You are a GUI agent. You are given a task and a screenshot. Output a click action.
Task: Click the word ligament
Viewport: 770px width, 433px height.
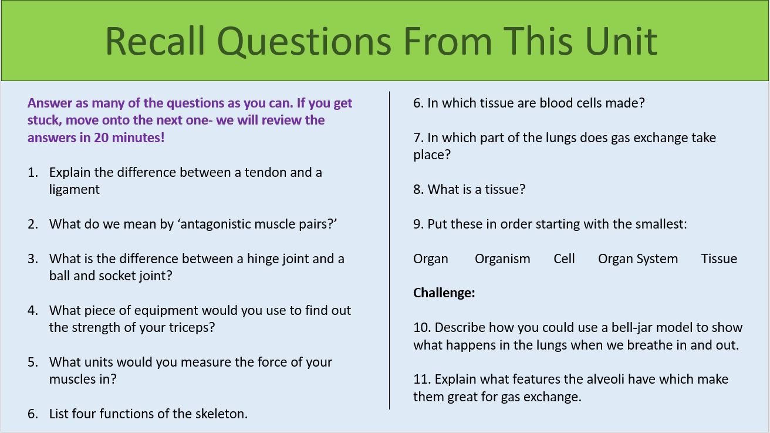(75, 190)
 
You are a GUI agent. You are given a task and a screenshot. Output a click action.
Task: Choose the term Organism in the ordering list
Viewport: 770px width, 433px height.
(502, 259)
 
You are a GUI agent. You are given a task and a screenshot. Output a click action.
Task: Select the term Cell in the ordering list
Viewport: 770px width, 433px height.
(564, 259)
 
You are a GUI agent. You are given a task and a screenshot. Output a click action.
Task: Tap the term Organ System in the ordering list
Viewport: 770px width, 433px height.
(638, 259)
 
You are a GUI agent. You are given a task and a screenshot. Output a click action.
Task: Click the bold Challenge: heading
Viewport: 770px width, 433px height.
(444, 293)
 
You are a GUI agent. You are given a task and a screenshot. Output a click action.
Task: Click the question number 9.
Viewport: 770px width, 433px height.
(418, 224)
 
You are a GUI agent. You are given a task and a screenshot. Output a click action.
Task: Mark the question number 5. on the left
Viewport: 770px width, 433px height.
(33, 362)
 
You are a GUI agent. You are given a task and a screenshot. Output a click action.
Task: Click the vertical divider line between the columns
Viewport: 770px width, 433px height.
(389, 250)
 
